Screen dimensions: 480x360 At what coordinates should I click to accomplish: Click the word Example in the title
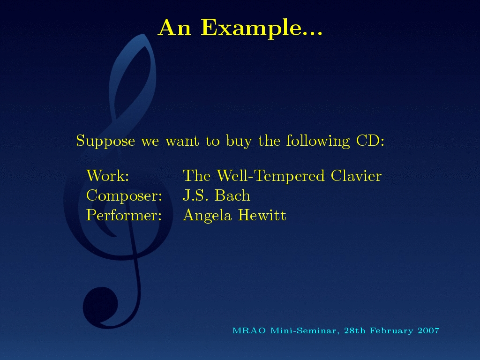(x=262, y=29)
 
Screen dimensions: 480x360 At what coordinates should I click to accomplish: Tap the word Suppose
(x=105, y=142)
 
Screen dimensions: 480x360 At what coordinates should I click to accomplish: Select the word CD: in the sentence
(x=370, y=141)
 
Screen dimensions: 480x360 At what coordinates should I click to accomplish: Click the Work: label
(x=108, y=176)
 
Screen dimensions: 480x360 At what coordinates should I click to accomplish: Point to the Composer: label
(x=124, y=196)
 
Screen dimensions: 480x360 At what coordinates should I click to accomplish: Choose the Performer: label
(x=124, y=215)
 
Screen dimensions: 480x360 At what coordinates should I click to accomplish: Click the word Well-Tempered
(x=270, y=176)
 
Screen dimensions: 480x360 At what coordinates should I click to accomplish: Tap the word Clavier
(x=356, y=176)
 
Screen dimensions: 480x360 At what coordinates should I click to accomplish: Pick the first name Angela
(x=207, y=216)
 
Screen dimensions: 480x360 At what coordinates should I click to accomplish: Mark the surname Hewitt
(x=262, y=215)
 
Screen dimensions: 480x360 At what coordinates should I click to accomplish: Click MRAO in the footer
(x=249, y=330)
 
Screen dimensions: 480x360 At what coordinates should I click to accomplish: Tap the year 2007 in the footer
(x=428, y=330)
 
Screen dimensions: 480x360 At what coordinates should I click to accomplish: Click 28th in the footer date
(x=355, y=330)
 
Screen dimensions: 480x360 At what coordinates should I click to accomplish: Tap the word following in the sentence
(x=318, y=142)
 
